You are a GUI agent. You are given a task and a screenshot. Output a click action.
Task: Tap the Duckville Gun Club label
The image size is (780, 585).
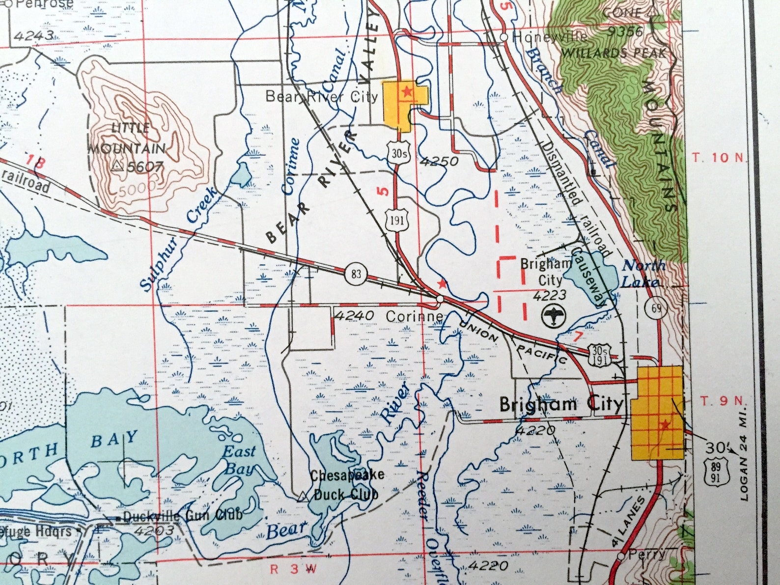pos(182,516)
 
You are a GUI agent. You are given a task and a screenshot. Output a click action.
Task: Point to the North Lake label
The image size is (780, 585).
pos(643,274)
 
